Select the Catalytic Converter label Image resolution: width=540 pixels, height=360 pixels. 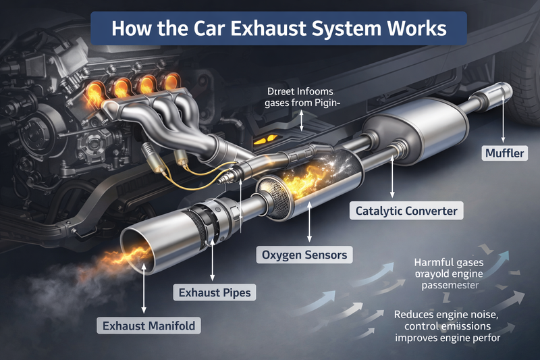coord(407,211)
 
